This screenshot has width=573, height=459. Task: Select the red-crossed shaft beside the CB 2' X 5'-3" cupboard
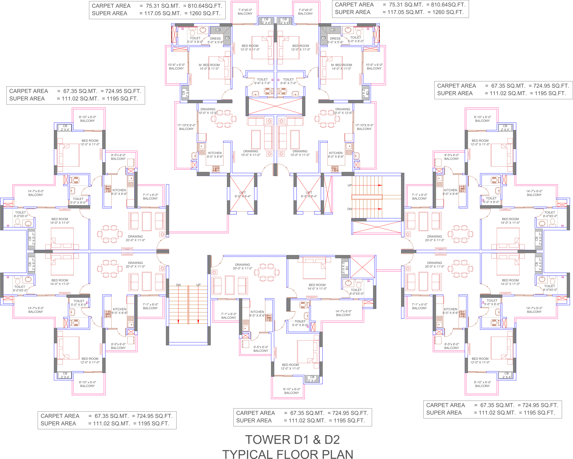[362, 267]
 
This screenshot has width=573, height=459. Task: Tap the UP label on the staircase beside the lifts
[350, 185]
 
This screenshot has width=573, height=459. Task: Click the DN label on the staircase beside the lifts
[350, 209]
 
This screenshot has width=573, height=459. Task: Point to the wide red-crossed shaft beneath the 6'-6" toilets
[275, 106]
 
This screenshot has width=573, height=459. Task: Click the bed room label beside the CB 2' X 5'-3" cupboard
[317, 287]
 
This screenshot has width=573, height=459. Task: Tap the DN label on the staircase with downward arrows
[178, 285]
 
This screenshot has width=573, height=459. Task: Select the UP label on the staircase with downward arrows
[198, 285]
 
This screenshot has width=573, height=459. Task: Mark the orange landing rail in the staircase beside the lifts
[367, 197]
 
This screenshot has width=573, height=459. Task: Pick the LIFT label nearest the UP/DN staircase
[309, 194]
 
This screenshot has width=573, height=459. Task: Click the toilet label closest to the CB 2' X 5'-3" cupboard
[356, 292]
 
